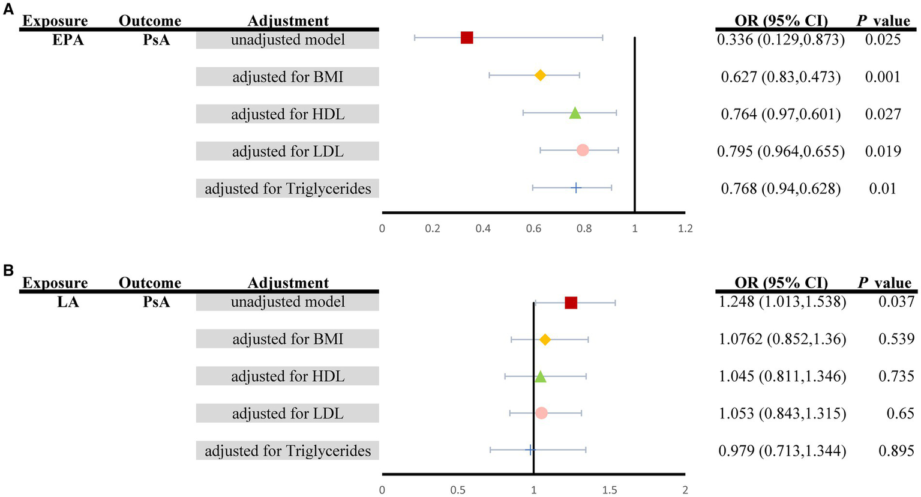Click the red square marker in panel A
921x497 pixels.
(467, 38)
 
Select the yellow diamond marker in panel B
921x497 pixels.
(545, 340)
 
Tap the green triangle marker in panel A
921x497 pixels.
(575, 113)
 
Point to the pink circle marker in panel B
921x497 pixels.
(541, 413)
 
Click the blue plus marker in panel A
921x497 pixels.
(576, 188)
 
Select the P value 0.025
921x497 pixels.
(883, 40)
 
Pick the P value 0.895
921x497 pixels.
(896, 451)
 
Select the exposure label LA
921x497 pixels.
(68, 303)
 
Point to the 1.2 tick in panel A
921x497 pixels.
(685, 229)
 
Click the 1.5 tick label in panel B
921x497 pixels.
(610, 490)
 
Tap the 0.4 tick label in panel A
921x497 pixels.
(483, 229)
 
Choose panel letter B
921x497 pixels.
(8, 271)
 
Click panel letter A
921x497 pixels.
(8, 10)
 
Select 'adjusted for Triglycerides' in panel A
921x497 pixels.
(287, 188)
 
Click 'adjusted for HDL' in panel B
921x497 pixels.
(287, 376)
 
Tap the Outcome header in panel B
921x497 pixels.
(149, 283)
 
